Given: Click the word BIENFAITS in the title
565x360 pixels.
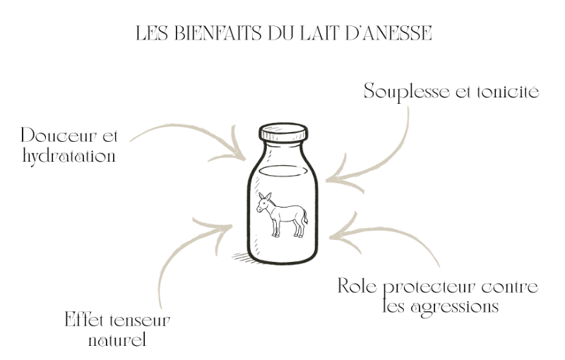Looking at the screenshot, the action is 218,33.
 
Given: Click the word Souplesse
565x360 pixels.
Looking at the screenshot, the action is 407,92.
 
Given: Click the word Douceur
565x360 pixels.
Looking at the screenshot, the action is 59,136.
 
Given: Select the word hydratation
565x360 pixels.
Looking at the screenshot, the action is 69,157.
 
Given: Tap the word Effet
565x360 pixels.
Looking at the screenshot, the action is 84,319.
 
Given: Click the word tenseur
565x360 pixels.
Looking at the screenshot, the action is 139,320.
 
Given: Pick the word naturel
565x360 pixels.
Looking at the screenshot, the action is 117,340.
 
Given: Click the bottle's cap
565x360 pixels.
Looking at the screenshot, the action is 283,132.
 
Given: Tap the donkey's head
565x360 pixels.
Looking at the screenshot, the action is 263,203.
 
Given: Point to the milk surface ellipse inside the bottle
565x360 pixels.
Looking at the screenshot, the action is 283,172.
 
